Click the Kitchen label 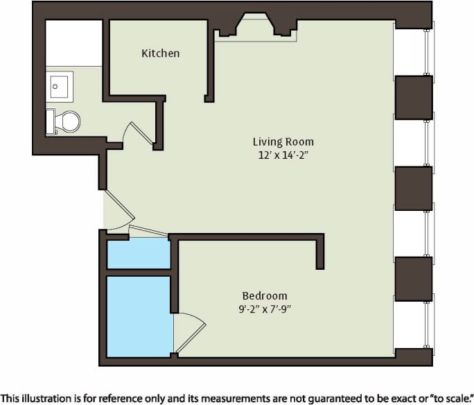click(x=160, y=53)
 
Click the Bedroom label click(x=264, y=295)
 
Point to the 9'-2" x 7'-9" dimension click(x=264, y=309)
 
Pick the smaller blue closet click(x=139, y=255)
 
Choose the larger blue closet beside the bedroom click(x=139, y=316)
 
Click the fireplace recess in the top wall click(x=255, y=26)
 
